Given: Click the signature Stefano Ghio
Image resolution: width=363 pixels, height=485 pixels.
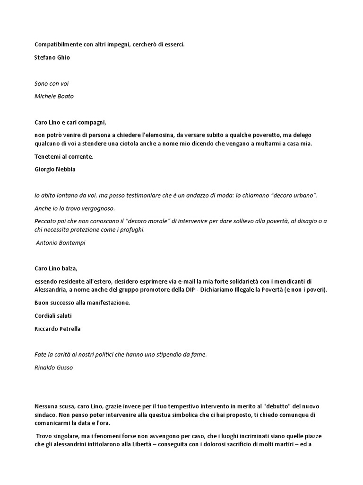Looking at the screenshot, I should point(52,57).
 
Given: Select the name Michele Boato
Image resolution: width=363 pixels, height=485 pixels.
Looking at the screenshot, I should point(54,96).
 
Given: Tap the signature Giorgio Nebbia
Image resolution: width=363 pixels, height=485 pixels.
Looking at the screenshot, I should point(54,169).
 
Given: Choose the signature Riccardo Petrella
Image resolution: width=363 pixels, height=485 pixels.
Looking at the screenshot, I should point(58,329).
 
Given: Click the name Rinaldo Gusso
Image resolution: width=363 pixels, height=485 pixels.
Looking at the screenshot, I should point(53,368).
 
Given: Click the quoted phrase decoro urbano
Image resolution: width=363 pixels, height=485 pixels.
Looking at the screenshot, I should point(293,196).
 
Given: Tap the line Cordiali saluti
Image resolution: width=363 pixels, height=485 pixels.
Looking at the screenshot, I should point(53,315).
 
